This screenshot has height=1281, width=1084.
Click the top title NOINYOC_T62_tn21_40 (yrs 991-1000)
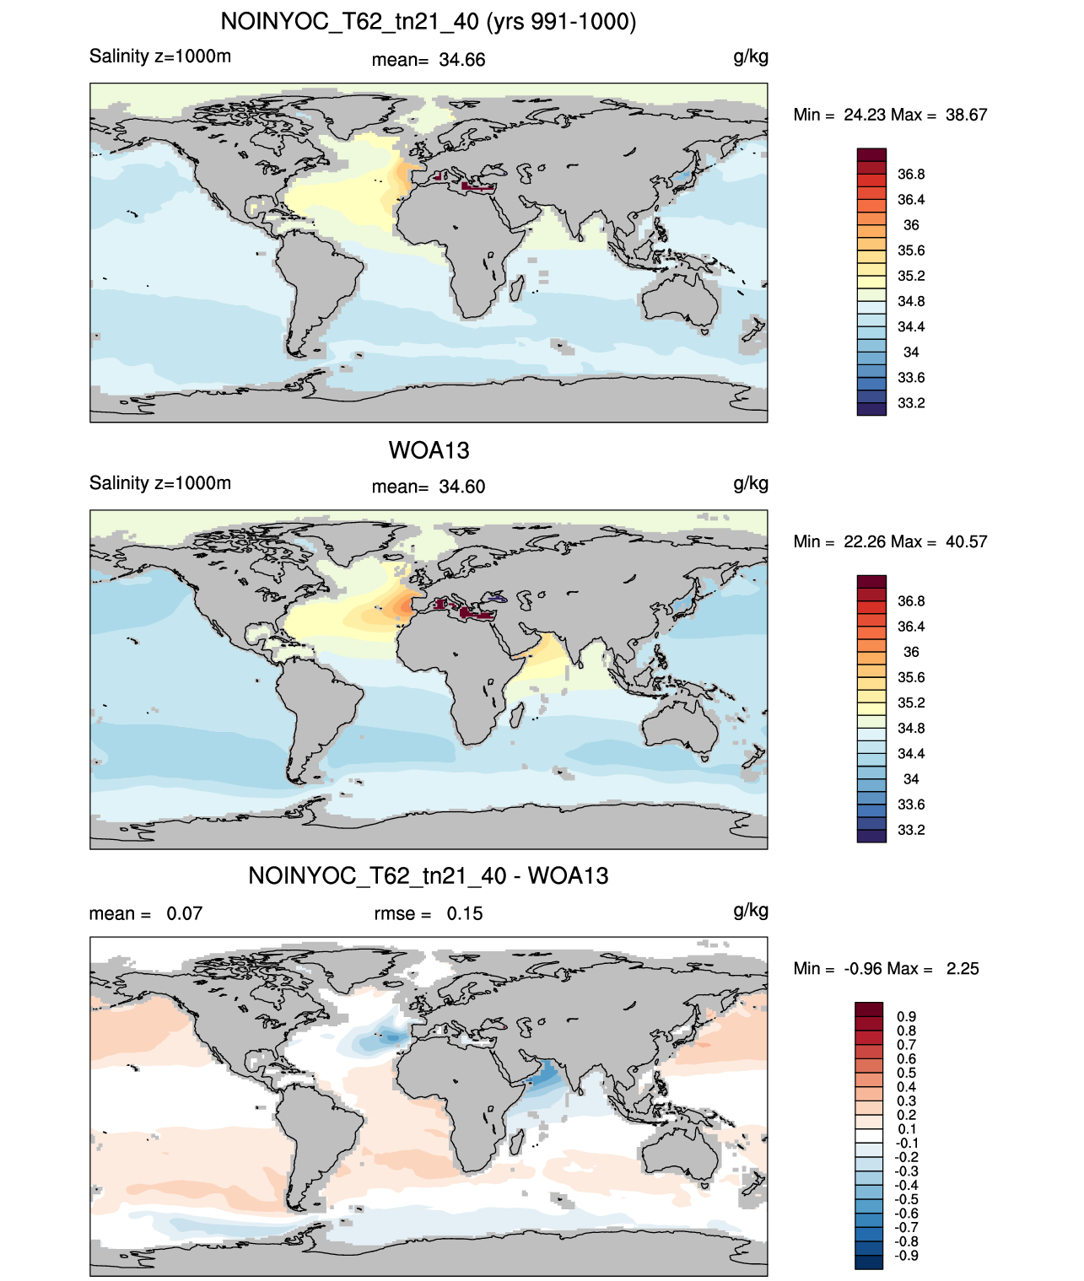click(x=429, y=22)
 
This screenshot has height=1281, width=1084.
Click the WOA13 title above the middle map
click(x=429, y=450)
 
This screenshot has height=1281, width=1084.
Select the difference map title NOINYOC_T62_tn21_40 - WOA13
click(x=429, y=875)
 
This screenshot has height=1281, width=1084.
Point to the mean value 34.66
click(x=461, y=60)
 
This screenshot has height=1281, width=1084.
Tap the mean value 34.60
click(x=461, y=487)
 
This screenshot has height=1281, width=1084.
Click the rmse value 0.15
click(x=464, y=913)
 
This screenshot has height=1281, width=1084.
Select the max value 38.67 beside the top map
click(x=966, y=115)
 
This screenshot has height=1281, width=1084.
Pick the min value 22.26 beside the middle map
click(x=864, y=541)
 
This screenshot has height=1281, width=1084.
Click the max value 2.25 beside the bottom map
click(x=963, y=969)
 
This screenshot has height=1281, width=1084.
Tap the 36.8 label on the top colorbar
click(x=911, y=175)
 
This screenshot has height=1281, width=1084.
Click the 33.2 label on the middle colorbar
click(x=911, y=830)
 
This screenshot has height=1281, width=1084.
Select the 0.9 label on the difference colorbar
click(x=906, y=1016)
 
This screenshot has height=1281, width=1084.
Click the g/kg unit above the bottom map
click(x=751, y=912)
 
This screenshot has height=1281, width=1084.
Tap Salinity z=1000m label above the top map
click(x=160, y=57)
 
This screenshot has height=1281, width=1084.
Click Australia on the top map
click(x=681, y=300)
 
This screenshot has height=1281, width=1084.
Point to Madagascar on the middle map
click(x=515, y=717)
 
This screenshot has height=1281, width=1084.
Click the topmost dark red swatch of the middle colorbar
click(x=871, y=581)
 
